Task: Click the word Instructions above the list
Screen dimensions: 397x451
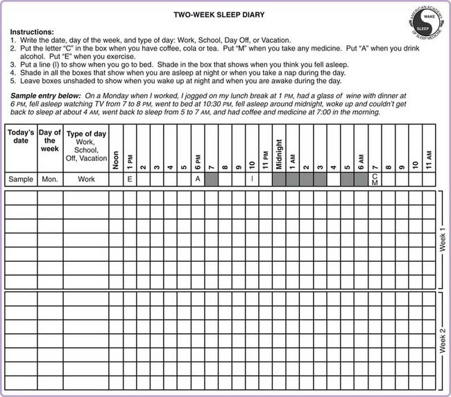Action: click(32, 32)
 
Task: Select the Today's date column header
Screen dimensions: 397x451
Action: click(21, 136)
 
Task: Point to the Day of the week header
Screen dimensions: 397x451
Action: click(50, 136)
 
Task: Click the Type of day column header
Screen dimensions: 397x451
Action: click(85, 144)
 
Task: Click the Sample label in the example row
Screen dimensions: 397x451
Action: click(21, 179)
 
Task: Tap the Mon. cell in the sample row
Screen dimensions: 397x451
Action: click(50, 179)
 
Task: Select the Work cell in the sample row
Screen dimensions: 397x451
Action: click(85, 179)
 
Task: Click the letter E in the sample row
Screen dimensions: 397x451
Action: click(130, 179)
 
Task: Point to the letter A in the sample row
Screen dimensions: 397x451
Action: click(198, 179)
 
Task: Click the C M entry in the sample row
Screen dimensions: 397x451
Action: click(374, 179)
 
